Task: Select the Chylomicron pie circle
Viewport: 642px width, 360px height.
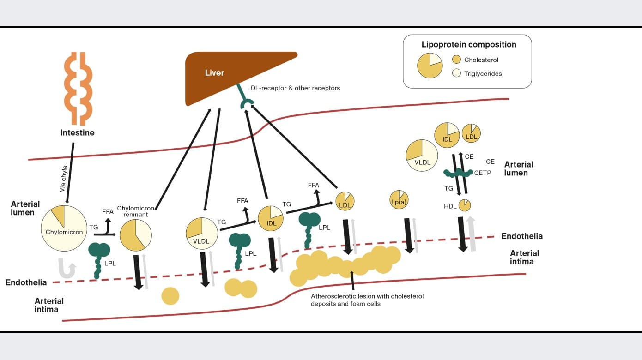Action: tap(64, 228)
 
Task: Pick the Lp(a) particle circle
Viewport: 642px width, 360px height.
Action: tap(399, 200)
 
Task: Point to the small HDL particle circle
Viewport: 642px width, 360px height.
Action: tap(464, 205)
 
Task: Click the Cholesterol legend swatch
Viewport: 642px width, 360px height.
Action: tap(456, 60)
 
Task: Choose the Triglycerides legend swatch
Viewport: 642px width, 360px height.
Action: tap(456, 73)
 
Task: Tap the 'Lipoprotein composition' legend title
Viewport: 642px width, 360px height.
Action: tap(468, 45)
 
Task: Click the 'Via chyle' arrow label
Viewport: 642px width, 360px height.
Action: tap(64, 179)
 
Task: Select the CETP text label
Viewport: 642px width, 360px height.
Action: tap(482, 173)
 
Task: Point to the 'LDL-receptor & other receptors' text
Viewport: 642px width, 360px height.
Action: tap(293, 88)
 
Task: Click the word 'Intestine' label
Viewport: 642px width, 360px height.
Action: tap(77, 133)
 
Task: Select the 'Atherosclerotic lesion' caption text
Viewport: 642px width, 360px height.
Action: tap(367, 300)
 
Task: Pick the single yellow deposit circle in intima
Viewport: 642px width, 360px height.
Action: tap(170, 296)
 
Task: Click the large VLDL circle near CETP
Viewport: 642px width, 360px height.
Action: tap(422, 155)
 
